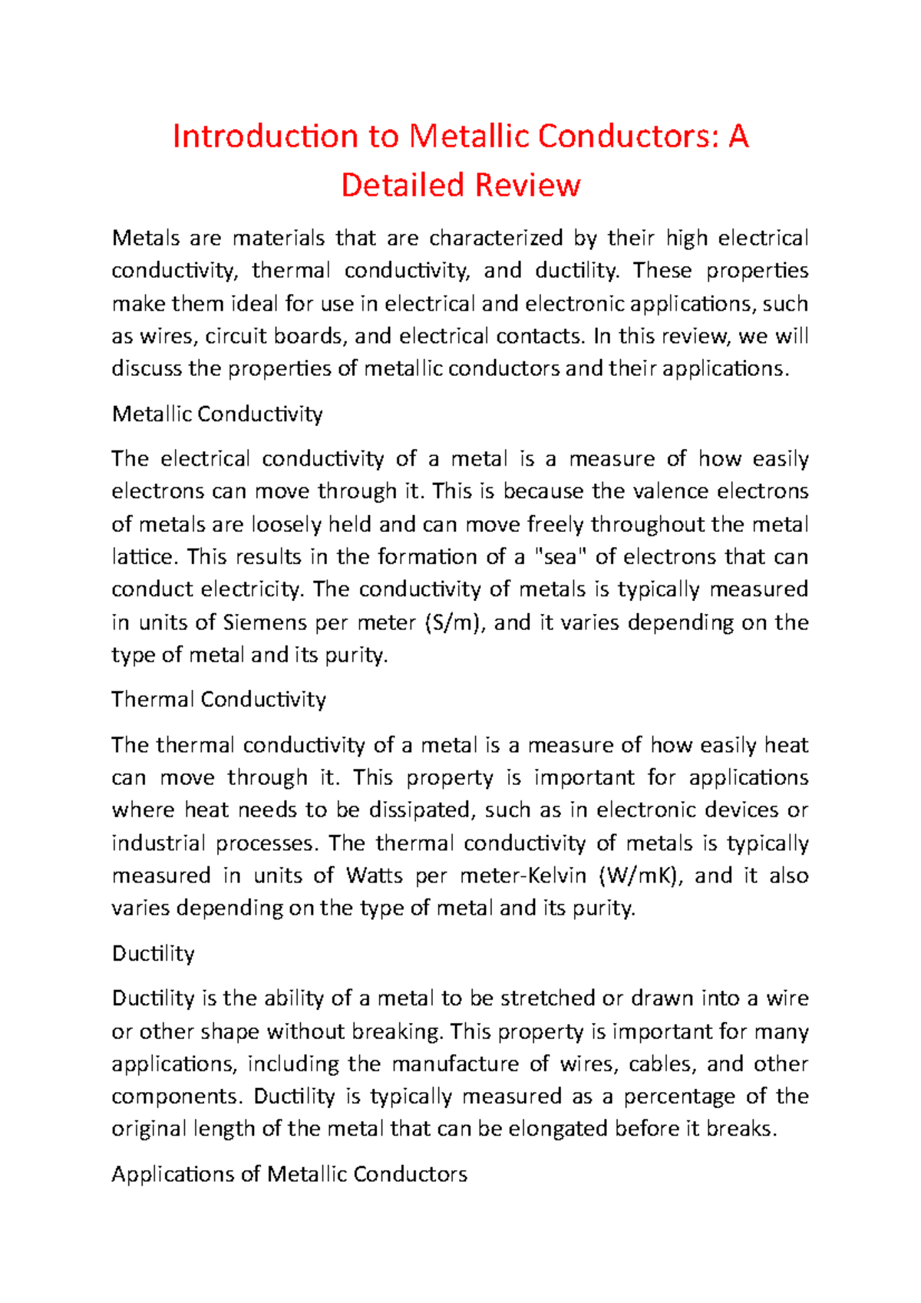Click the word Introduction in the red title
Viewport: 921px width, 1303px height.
point(266,137)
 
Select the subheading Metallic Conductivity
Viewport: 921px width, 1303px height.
point(217,414)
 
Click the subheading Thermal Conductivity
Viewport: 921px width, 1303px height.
point(219,700)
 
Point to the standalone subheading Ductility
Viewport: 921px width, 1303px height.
point(153,954)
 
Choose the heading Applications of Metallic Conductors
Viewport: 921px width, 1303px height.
point(289,1175)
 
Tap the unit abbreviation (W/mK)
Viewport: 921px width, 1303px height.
point(641,876)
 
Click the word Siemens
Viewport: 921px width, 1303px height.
point(265,622)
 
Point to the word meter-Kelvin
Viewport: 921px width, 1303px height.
point(523,876)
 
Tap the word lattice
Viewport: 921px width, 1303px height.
point(143,557)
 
